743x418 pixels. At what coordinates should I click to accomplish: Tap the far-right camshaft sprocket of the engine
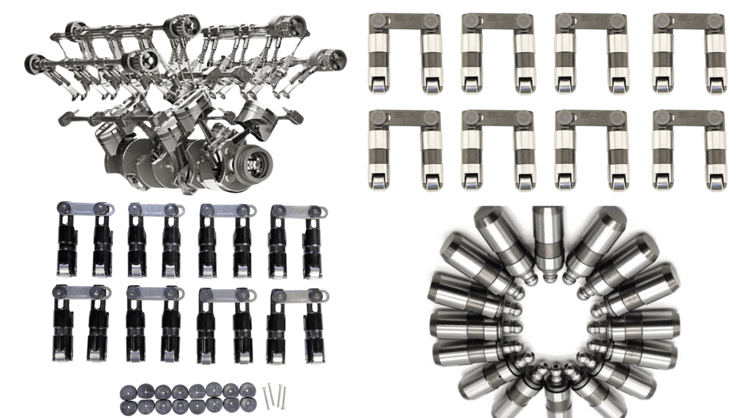click(334, 60)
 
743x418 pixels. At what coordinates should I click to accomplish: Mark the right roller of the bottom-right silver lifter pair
click(715, 182)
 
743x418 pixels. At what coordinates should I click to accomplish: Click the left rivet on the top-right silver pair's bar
click(663, 20)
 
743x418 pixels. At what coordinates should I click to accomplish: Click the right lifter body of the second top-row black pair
click(170, 242)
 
